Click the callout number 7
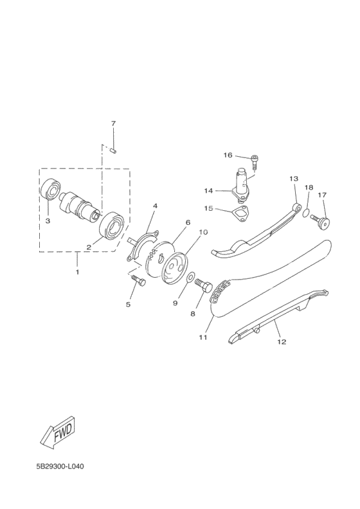click(x=113, y=123)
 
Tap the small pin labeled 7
click(x=114, y=150)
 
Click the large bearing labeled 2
click(x=113, y=226)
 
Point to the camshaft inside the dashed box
click(x=80, y=206)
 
